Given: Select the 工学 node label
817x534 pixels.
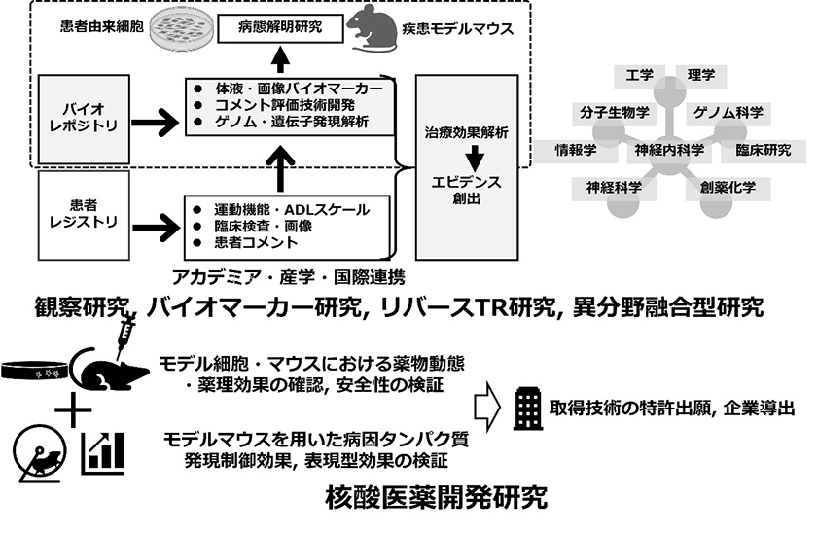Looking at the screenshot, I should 639,74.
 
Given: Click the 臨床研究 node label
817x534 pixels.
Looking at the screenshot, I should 764,151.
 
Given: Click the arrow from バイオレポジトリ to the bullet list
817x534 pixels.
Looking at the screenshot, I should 154,123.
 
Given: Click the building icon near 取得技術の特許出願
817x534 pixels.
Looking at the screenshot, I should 526,409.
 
